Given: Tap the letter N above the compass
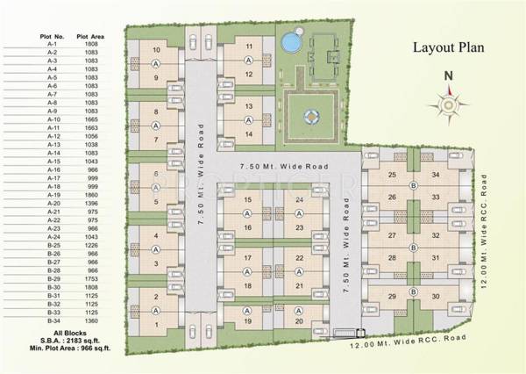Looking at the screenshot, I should [x=448, y=76].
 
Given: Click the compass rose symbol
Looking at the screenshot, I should [x=448, y=104].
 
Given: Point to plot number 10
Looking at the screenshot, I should [x=156, y=50].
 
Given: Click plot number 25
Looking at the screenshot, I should [x=392, y=175].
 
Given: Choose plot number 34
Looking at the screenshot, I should [x=436, y=175].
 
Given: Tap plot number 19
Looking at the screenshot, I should [x=248, y=321].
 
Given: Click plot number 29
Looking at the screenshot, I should [x=392, y=296].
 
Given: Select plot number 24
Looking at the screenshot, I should [x=300, y=200].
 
